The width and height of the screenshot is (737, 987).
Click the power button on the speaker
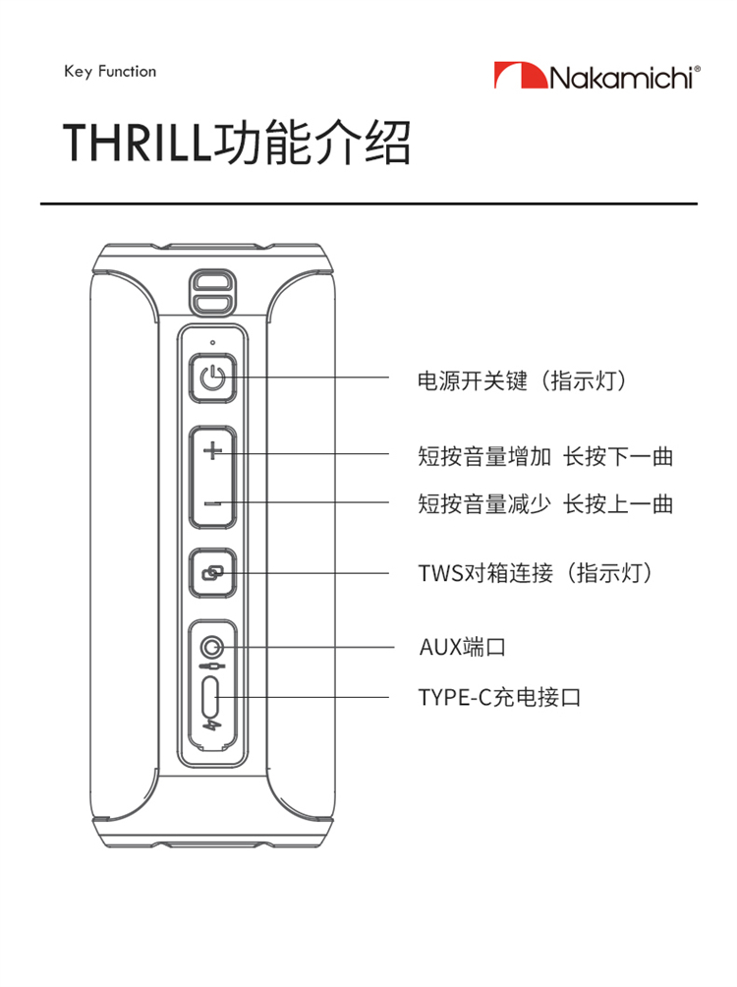coord(212,377)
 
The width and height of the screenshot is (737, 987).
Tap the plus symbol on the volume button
coord(213,450)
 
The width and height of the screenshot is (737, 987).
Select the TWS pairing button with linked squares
coord(212,573)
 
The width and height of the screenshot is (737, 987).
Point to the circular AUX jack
coord(211,647)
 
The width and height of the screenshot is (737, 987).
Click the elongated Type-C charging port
coord(211,697)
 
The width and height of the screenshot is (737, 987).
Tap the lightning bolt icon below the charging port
coord(212,726)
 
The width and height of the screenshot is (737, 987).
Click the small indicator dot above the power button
coord(212,342)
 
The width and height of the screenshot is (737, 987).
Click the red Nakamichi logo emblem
coord(521,75)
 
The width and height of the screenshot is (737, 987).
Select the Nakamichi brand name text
coord(624,78)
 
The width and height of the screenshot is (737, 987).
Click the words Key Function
coord(110,72)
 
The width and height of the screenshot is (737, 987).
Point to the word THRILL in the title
coord(137,142)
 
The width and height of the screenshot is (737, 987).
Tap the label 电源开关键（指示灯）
coord(523,380)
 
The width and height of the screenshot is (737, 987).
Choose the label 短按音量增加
coord(484,456)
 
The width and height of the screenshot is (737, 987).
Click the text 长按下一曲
coord(618,456)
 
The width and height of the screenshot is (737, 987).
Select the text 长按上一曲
coord(618,504)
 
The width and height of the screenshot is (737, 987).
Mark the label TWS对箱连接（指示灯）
coord(536,573)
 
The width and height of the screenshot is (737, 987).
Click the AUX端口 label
coord(463,647)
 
